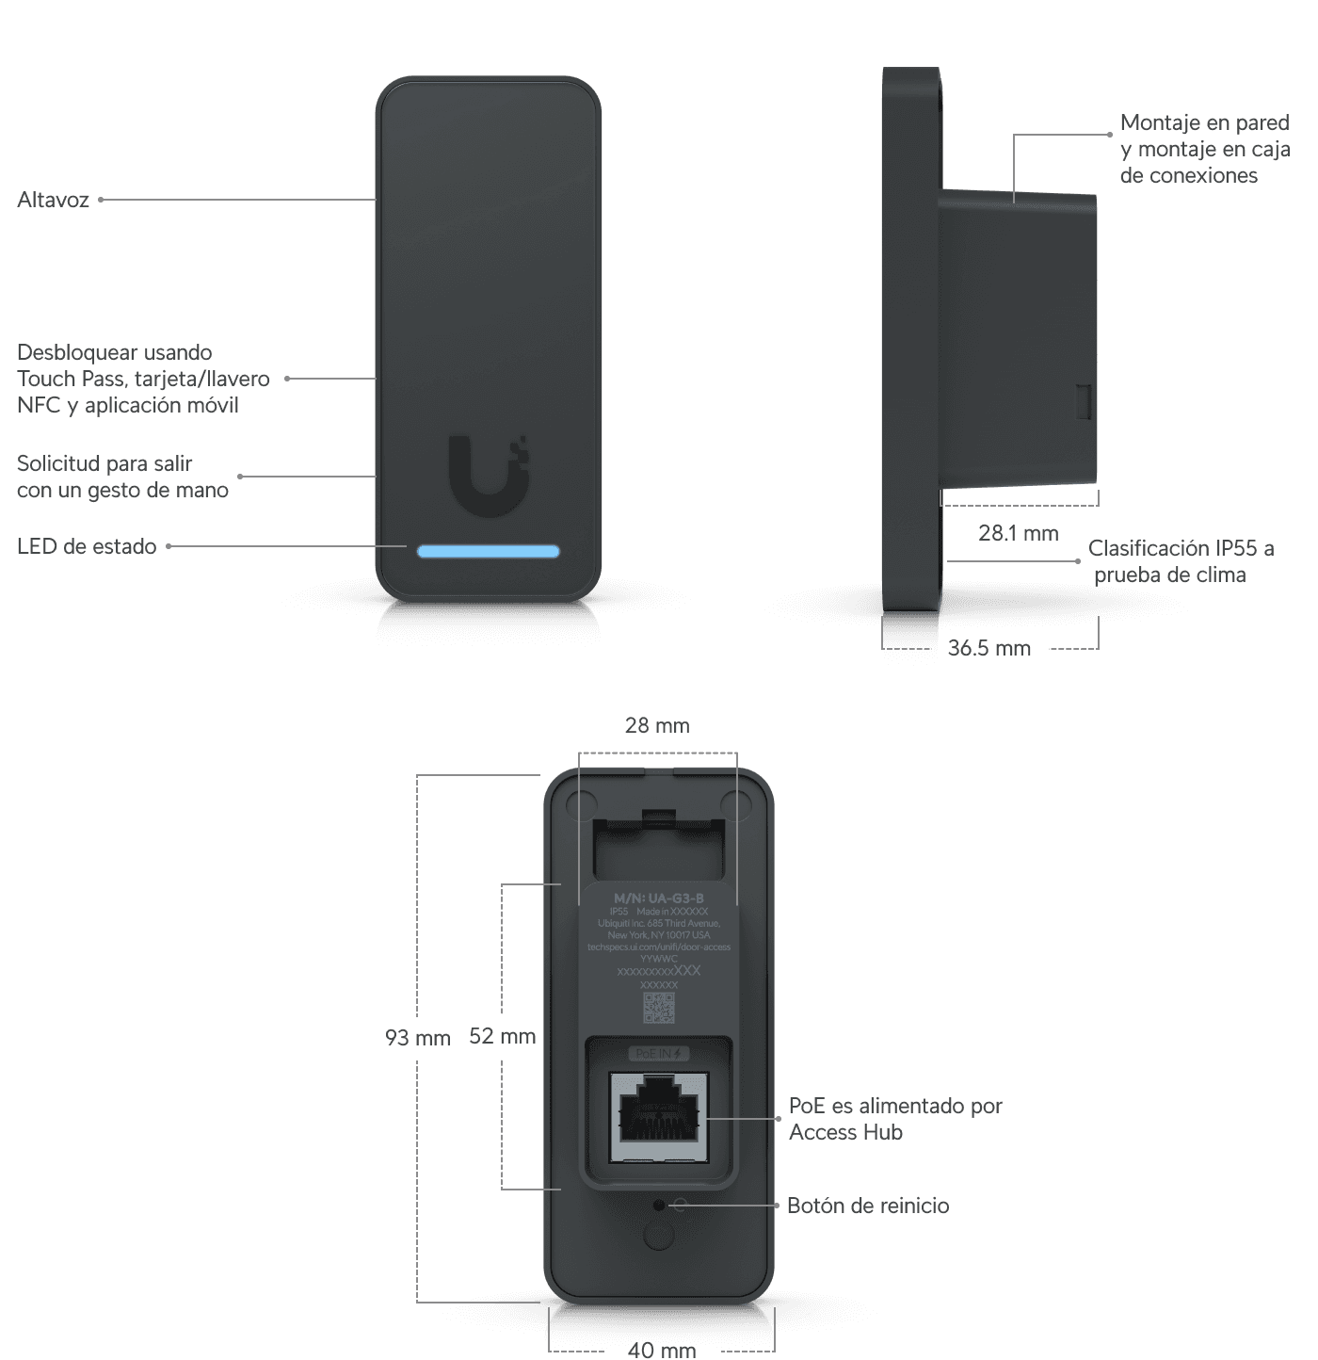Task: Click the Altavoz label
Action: pyautogui.click(x=54, y=200)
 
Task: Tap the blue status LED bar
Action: pyautogui.click(x=489, y=551)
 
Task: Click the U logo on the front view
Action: pyautogui.click(x=488, y=475)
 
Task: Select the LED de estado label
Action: pyautogui.click(x=87, y=546)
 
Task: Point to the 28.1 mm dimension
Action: pyautogui.click(x=1018, y=533)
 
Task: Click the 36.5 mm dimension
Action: pyautogui.click(x=988, y=648)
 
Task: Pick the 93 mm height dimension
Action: pyautogui.click(x=417, y=1037)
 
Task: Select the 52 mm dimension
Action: pyautogui.click(x=502, y=1036)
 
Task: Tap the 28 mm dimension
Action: pyautogui.click(x=657, y=725)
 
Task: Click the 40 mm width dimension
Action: pyautogui.click(x=662, y=1350)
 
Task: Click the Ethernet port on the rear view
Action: pyautogui.click(x=659, y=1117)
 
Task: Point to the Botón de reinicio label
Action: pyautogui.click(x=868, y=1206)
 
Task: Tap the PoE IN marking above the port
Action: pyautogui.click(x=658, y=1053)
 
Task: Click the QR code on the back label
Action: pyautogui.click(x=659, y=1007)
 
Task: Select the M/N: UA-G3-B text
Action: pyautogui.click(x=659, y=899)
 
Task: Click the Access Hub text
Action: pyautogui.click(x=845, y=1132)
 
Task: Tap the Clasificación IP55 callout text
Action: pyautogui.click(x=1181, y=548)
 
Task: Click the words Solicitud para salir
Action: pyautogui.click(x=104, y=463)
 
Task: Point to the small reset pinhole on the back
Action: pyautogui.click(x=659, y=1205)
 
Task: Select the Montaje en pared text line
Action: pyautogui.click(x=1204, y=122)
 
